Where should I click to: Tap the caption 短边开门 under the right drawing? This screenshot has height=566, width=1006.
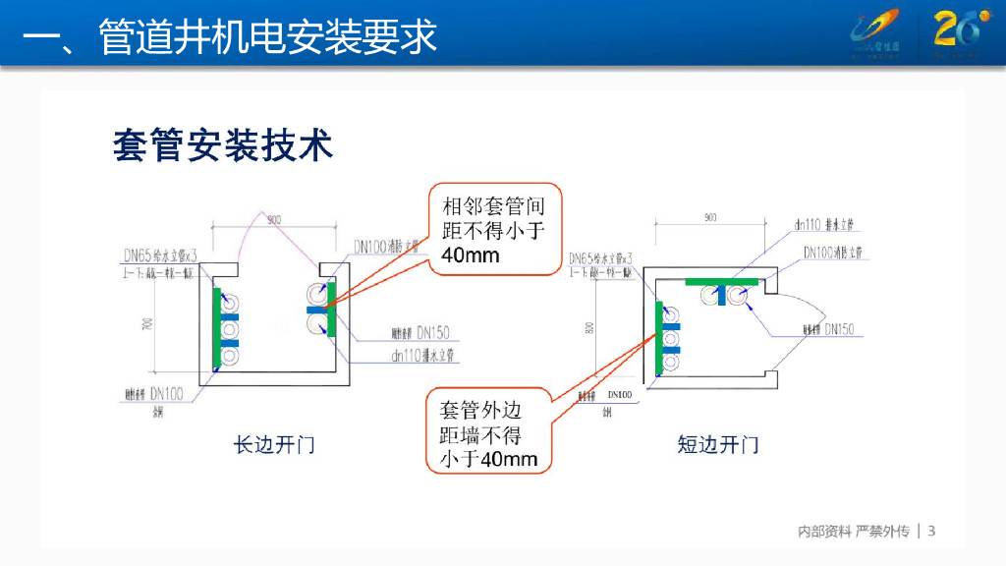[x=718, y=445]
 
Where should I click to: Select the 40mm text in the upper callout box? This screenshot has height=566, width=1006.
[x=471, y=255]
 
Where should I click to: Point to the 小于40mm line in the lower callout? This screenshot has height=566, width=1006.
[x=488, y=459]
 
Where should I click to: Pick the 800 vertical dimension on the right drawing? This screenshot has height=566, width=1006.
[x=589, y=327]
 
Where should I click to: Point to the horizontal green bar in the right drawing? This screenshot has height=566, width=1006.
[x=722, y=282]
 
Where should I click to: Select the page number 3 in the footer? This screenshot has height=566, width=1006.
[x=932, y=532]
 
